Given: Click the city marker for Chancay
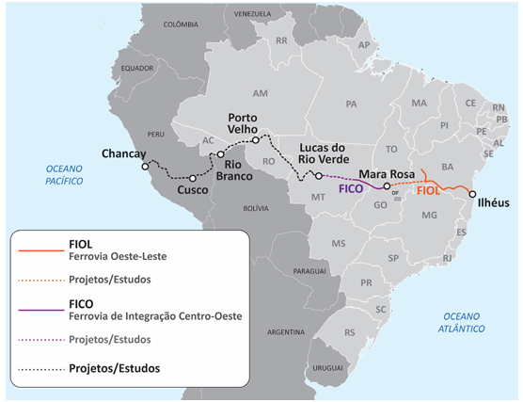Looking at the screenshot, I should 144,167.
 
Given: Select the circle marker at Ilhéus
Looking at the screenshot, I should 472,193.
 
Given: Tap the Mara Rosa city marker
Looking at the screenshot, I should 387,186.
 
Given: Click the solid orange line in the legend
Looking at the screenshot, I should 39,250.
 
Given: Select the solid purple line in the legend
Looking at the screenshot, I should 39,308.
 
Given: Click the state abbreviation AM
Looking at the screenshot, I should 261,94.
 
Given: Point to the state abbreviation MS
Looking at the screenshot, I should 338,243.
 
